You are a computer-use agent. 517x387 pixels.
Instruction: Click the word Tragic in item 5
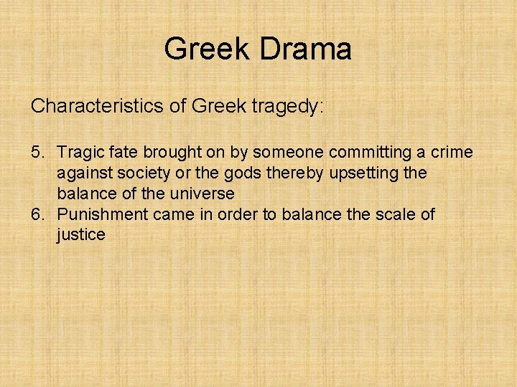(79, 152)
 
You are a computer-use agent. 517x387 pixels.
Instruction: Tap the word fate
(122, 152)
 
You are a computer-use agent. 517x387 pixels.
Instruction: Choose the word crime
(452, 152)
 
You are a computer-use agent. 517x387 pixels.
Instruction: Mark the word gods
(238, 173)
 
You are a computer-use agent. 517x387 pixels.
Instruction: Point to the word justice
(81, 235)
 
